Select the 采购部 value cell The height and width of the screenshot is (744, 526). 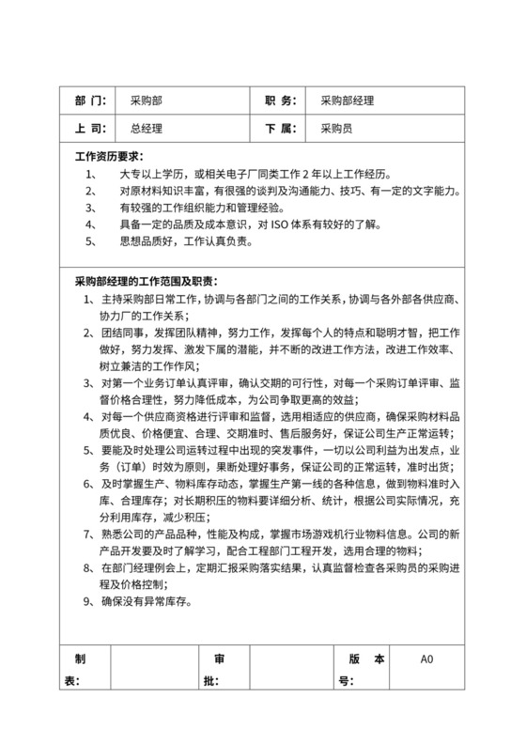(x=147, y=101)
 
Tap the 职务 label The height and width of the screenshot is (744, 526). (x=279, y=101)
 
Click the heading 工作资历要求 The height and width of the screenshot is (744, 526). (x=109, y=157)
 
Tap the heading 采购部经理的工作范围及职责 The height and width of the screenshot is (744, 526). (x=146, y=281)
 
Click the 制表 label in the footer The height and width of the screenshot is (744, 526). (x=81, y=669)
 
